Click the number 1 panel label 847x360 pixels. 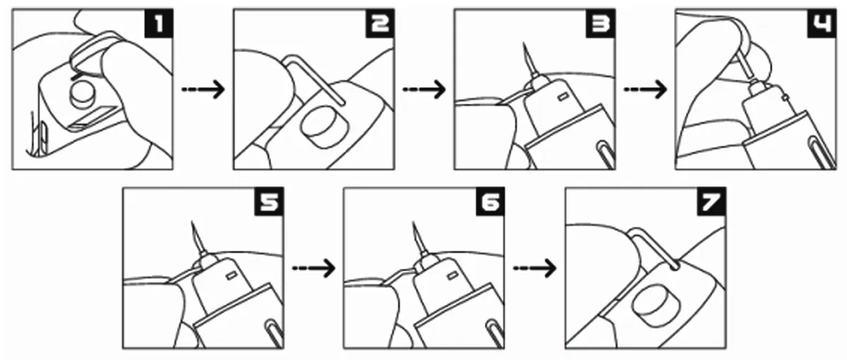160,24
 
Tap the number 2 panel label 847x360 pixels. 380,24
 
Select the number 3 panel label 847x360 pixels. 601,24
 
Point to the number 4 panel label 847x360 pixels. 822,24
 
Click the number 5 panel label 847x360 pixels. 269,202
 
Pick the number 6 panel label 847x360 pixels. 491,202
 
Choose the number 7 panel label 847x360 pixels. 711,202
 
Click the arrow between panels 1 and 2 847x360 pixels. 203,90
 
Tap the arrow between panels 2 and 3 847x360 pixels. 424,90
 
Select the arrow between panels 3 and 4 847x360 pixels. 645,90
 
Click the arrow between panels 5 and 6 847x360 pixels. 314,268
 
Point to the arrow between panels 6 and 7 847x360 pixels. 535,268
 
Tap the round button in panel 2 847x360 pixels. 325,126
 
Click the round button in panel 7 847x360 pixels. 656,305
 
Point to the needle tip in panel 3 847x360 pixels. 524,43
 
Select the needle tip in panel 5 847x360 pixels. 192,222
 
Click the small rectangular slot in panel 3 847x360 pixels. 562,97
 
